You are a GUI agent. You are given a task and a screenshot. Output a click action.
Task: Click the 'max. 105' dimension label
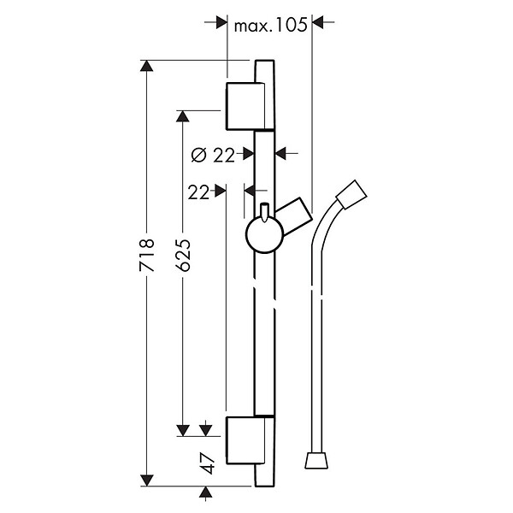pyautogui.click(x=270, y=25)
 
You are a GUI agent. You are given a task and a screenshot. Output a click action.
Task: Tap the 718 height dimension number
pyautogui.click(x=146, y=255)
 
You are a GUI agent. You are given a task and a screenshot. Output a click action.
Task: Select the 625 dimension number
pyautogui.click(x=183, y=255)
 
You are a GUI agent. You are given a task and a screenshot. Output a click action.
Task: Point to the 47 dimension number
pyautogui.click(x=208, y=463)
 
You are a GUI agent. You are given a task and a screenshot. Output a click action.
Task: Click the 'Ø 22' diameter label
pyautogui.click(x=213, y=155)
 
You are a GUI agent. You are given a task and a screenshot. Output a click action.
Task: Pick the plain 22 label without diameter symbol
pyautogui.click(x=198, y=192)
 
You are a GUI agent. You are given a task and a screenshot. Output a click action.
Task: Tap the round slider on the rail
pyautogui.click(x=264, y=234)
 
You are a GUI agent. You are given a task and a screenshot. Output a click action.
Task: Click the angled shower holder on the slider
pyautogui.click(x=294, y=216)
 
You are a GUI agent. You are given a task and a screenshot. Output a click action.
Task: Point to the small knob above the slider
pyautogui.click(x=264, y=212)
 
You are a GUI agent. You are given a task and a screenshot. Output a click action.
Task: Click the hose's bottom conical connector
pyautogui.click(x=316, y=461)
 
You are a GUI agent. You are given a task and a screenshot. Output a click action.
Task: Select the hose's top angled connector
pyautogui.click(x=351, y=194)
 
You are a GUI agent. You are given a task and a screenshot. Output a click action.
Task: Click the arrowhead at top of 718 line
pyautogui.click(x=146, y=66)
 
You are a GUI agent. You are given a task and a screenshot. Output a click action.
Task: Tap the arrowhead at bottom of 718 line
pyautogui.click(x=146, y=481)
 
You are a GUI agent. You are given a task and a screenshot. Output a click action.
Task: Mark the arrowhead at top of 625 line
pyautogui.click(x=183, y=116)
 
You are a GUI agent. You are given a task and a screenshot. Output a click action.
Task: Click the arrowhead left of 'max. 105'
pyautogui.click(x=221, y=22)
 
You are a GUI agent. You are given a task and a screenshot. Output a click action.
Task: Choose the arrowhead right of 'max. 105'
pyautogui.click(x=318, y=22)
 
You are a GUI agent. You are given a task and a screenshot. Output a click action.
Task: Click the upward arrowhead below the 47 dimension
pyautogui.click(x=205, y=492)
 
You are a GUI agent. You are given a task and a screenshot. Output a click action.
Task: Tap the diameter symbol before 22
pyautogui.click(x=199, y=155)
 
